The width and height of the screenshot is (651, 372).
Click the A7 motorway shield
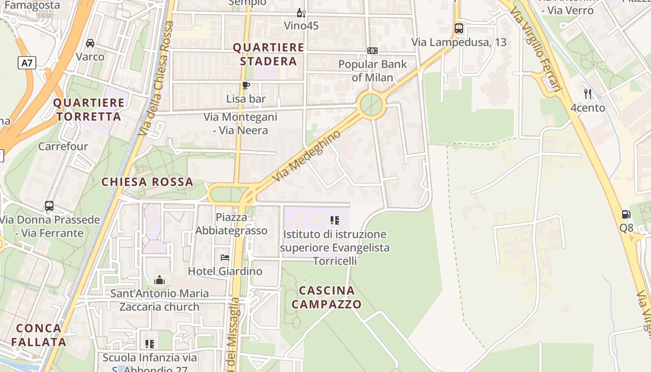(27, 62)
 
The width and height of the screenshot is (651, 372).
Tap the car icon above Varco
(90, 43)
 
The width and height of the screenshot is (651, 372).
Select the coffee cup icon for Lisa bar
(246, 85)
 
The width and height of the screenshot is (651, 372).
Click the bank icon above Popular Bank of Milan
(372, 51)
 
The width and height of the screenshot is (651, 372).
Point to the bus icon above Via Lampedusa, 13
(459, 28)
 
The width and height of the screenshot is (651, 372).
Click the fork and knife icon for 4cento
(588, 94)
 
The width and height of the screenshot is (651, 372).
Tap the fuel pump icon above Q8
(626, 214)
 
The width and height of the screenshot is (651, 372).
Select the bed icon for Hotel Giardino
(225, 258)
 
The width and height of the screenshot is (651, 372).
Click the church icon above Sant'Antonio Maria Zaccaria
(159, 280)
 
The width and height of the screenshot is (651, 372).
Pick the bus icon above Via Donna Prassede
(49, 206)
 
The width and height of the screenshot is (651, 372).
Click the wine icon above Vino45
(301, 13)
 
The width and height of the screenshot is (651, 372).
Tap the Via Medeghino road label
(307, 156)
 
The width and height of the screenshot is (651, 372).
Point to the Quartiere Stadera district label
(268, 54)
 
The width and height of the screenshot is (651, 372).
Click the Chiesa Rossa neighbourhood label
(147, 182)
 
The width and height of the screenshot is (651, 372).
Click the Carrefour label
(63, 146)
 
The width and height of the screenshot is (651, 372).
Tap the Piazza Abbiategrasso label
(232, 224)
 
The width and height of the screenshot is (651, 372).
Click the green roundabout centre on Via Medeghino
(372, 106)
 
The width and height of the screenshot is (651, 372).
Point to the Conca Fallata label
(39, 335)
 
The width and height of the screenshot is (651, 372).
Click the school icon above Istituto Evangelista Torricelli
(334, 220)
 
